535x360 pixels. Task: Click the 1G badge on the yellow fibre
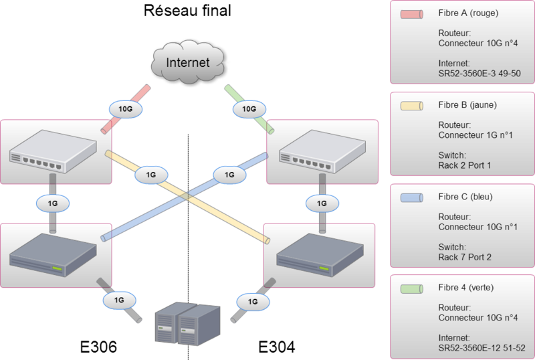pyautogui.click(x=150, y=175)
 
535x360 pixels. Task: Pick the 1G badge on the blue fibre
pyautogui.click(x=229, y=175)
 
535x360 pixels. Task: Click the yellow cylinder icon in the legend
pyautogui.click(x=411, y=106)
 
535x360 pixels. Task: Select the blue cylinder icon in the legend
pyautogui.click(x=411, y=198)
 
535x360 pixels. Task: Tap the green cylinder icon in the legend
pyautogui.click(x=411, y=288)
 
